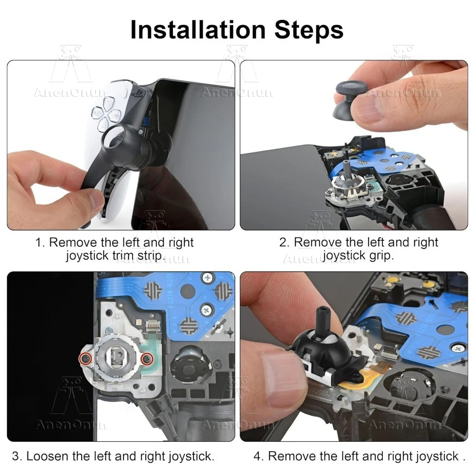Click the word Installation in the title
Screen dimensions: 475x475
coord(198,29)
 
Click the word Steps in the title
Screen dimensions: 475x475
coord(309,30)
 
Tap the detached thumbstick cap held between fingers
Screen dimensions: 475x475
coord(351,99)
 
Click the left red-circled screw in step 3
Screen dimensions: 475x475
coord(85,359)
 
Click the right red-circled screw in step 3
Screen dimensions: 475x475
coord(147,359)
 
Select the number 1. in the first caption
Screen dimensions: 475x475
coord(40,242)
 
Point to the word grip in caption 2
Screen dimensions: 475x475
coord(381,256)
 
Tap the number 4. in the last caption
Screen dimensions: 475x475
coord(259,456)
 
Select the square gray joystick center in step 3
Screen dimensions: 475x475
coord(117,356)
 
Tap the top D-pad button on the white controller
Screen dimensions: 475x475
coord(108,103)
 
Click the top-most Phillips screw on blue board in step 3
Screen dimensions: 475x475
coord(208,277)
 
